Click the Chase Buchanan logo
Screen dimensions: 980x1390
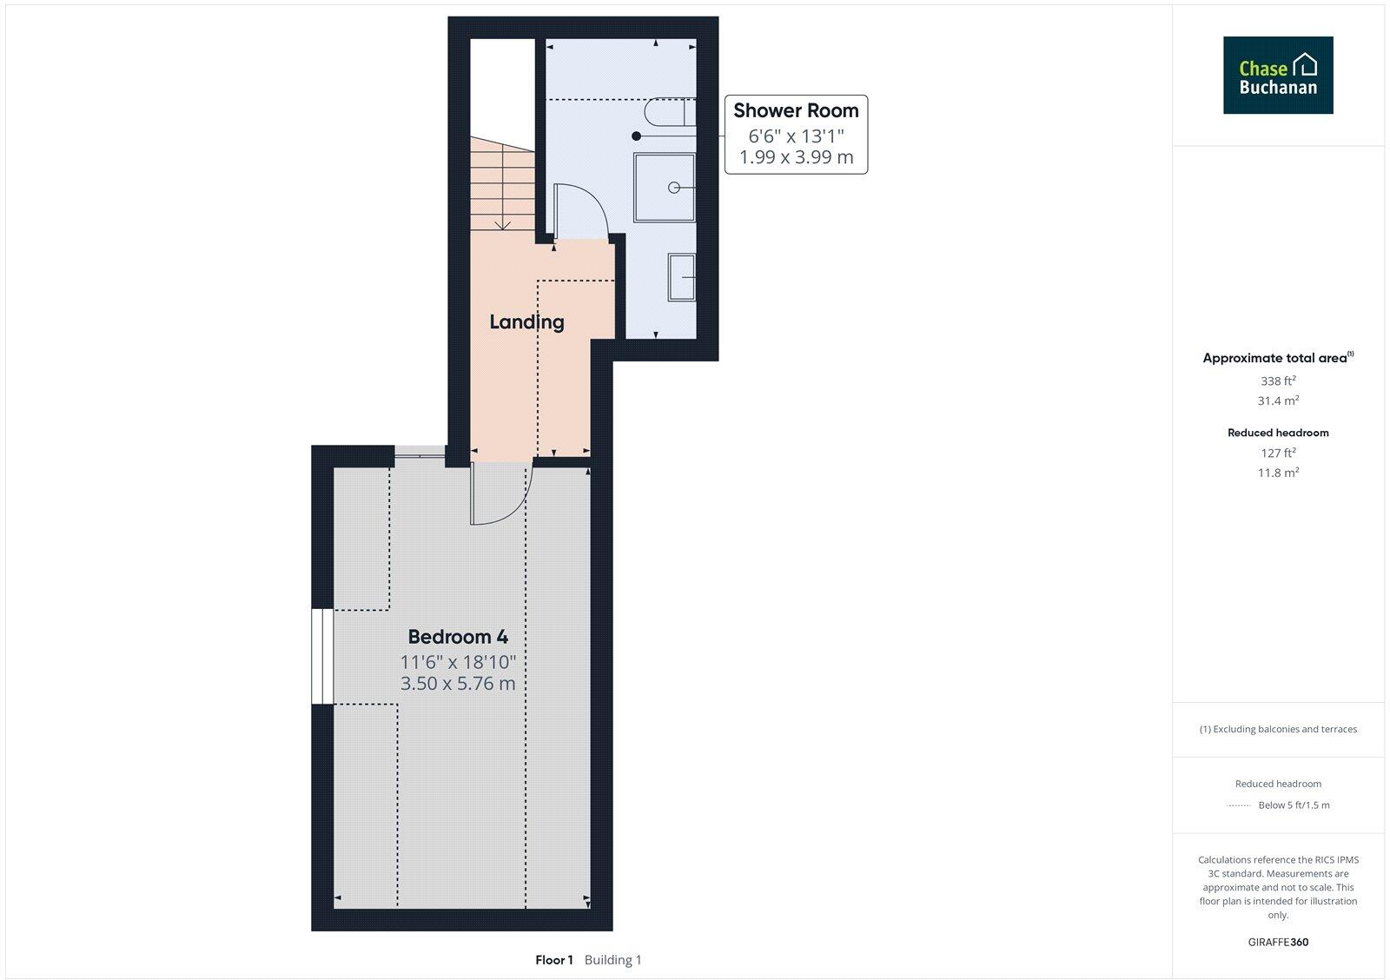point(1277,75)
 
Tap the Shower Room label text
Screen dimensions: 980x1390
point(796,110)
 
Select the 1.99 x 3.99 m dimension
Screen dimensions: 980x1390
point(796,157)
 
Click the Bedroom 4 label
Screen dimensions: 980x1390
point(458,637)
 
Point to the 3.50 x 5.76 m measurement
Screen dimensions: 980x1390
point(458,684)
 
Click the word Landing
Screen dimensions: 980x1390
point(526,321)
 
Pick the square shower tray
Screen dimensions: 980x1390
point(665,187)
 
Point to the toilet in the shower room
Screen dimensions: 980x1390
point(671,112)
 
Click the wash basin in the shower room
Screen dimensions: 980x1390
point(682,277)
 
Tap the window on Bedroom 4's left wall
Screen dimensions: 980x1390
point(322,656)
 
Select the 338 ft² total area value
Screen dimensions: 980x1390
point(1278,381)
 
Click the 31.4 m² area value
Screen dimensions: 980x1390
point(1278,401)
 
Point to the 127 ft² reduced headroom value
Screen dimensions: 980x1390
point(1278,453)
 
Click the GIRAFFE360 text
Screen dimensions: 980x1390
point(1278,942)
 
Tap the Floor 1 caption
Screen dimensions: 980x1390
point(554,960)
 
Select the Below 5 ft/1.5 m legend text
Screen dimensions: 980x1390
point(1294,805)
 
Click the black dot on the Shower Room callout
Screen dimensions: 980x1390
point(637,136)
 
